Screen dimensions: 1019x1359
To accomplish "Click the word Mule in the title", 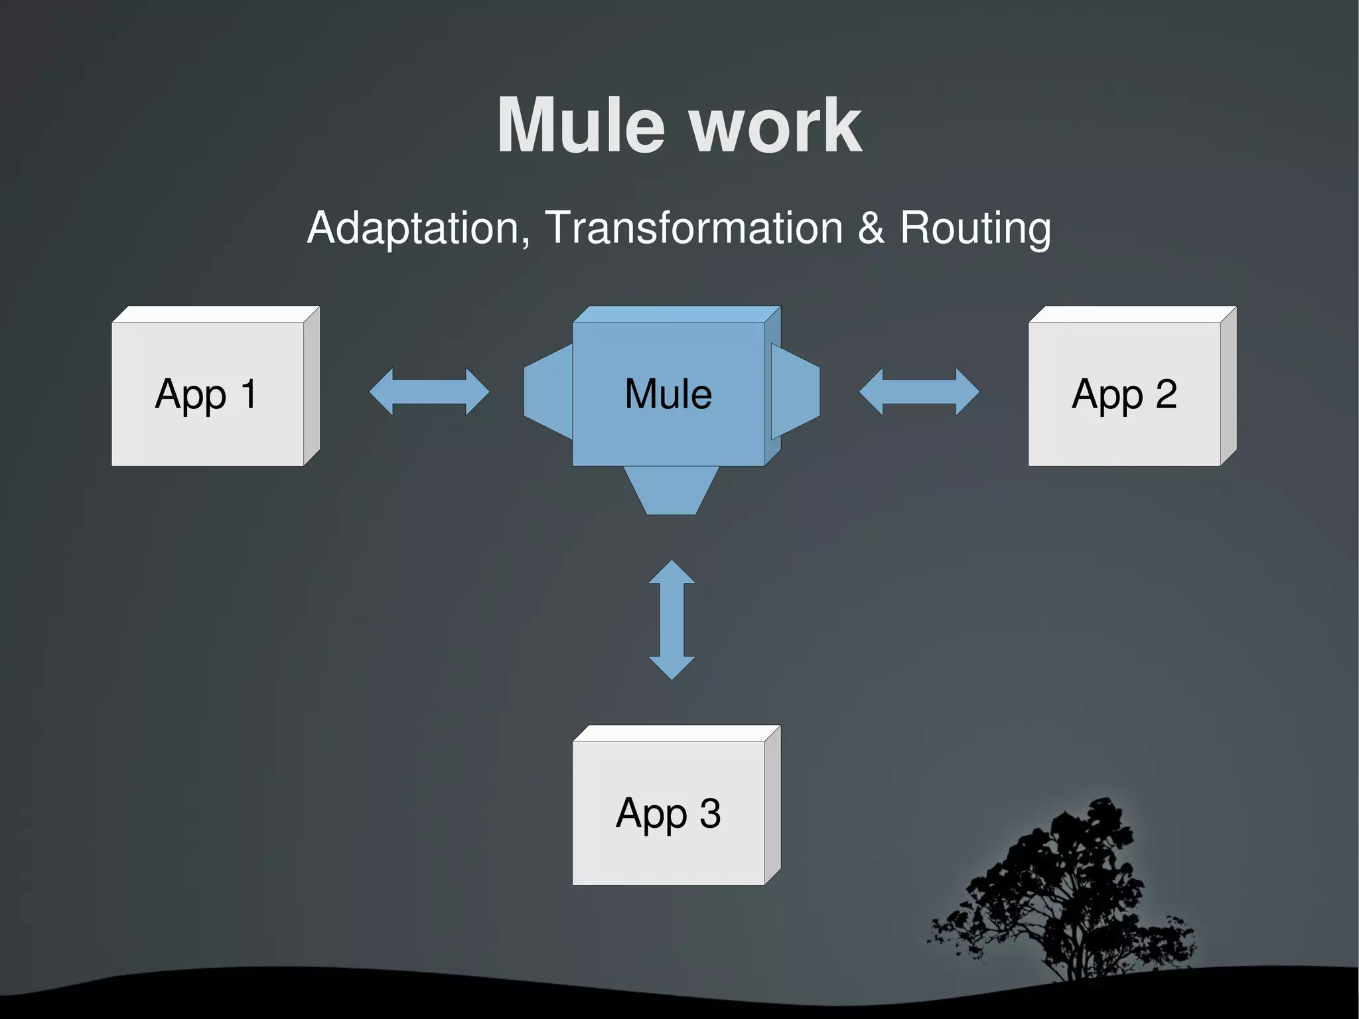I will pyautogui.click(x=580, y=126).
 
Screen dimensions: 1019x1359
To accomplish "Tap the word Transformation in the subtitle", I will pyautogui.click(x=693, y=228).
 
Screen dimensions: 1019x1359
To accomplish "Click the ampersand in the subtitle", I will pyautogui.click(x=871, y=228).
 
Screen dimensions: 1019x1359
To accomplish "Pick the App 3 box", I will pyautogui.click(x=669, y=813).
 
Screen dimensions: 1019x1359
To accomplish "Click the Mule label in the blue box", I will pyautogui.click(x=668, y=394).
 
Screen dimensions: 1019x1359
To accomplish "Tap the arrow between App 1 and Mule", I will pyautogui.click(x=429, y=392).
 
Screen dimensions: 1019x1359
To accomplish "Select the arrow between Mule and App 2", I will pyautogui.click(x=919, y=392).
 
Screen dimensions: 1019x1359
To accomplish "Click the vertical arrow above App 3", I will pyautogui.click(x=672, y=619).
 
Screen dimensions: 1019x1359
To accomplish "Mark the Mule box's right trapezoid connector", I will pyautogui.click(x=795, y=392).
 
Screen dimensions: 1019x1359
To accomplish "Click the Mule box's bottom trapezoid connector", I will pyautogui.click(x=671, y=490).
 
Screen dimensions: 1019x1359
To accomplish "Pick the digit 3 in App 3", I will pyautogui.click(x=710, y=813).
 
